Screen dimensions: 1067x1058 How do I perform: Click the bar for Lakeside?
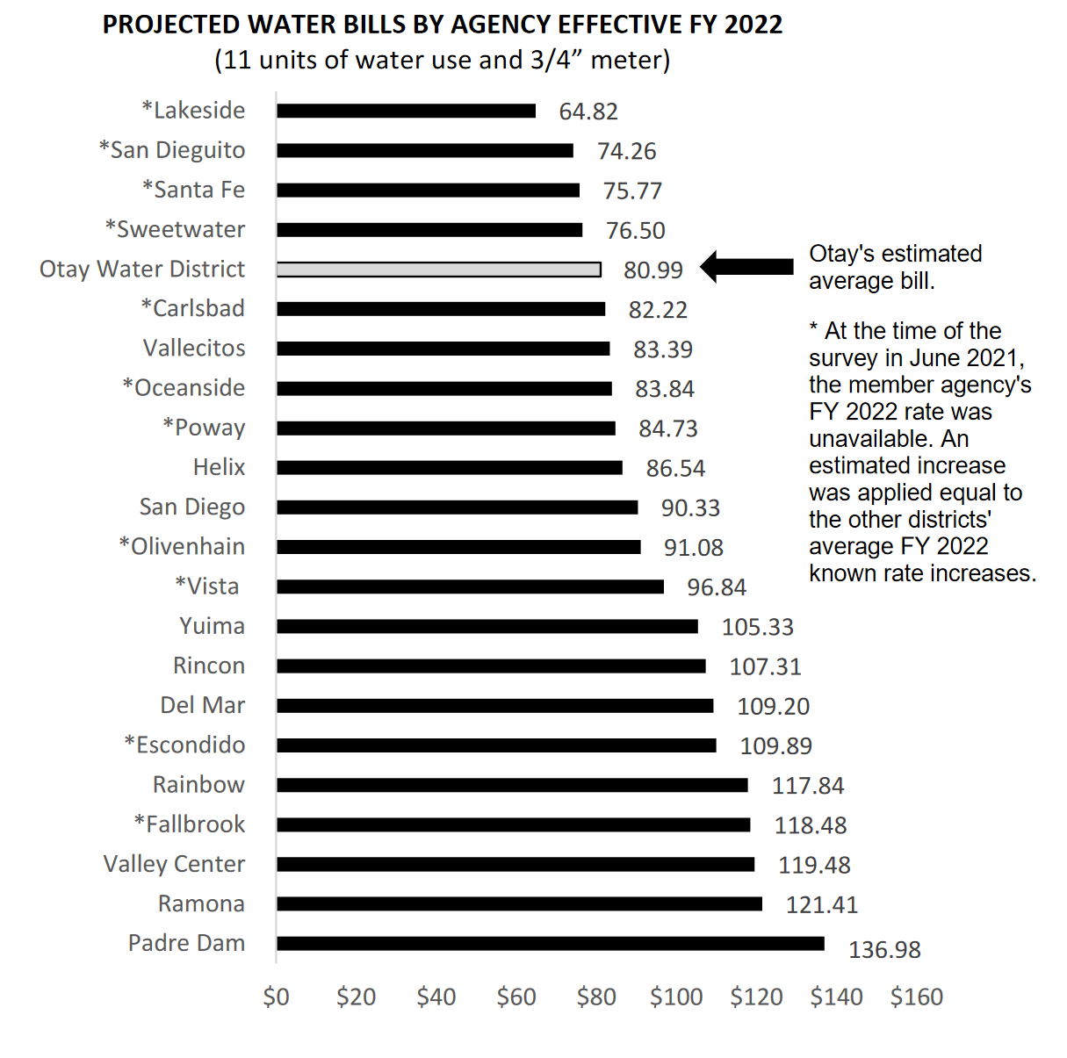click(x=407, y=111)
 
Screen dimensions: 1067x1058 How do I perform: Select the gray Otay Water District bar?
click(x=439, y=270)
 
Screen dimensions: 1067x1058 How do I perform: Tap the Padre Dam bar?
click(x=551, y=943)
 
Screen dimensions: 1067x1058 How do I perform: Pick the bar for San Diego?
click(x=458, y=507)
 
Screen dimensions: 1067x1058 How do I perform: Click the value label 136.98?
click(x=884, y=950)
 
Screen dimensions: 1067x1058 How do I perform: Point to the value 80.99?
click(x=652, y=270)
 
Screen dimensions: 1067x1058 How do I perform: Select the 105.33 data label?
click(x=758, y=627)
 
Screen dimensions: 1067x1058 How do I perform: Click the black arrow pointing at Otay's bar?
click(x=746, y=267)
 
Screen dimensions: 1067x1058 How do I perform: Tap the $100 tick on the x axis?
click(x=676, y=997)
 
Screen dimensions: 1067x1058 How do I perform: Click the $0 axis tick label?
click(x=277, y=997)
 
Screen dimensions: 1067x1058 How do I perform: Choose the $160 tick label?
click(x=917, y=997)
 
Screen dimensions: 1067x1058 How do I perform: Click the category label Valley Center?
click(x=174, y=864)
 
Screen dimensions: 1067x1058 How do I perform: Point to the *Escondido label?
click(x=185, y=745)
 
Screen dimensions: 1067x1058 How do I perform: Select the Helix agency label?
click(x=219, y=467)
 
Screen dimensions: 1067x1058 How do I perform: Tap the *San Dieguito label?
click(x=172, y=151)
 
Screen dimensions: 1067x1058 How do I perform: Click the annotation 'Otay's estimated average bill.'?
click(x=896, y=268)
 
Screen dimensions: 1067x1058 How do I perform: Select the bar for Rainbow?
click(x=512, y=785)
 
